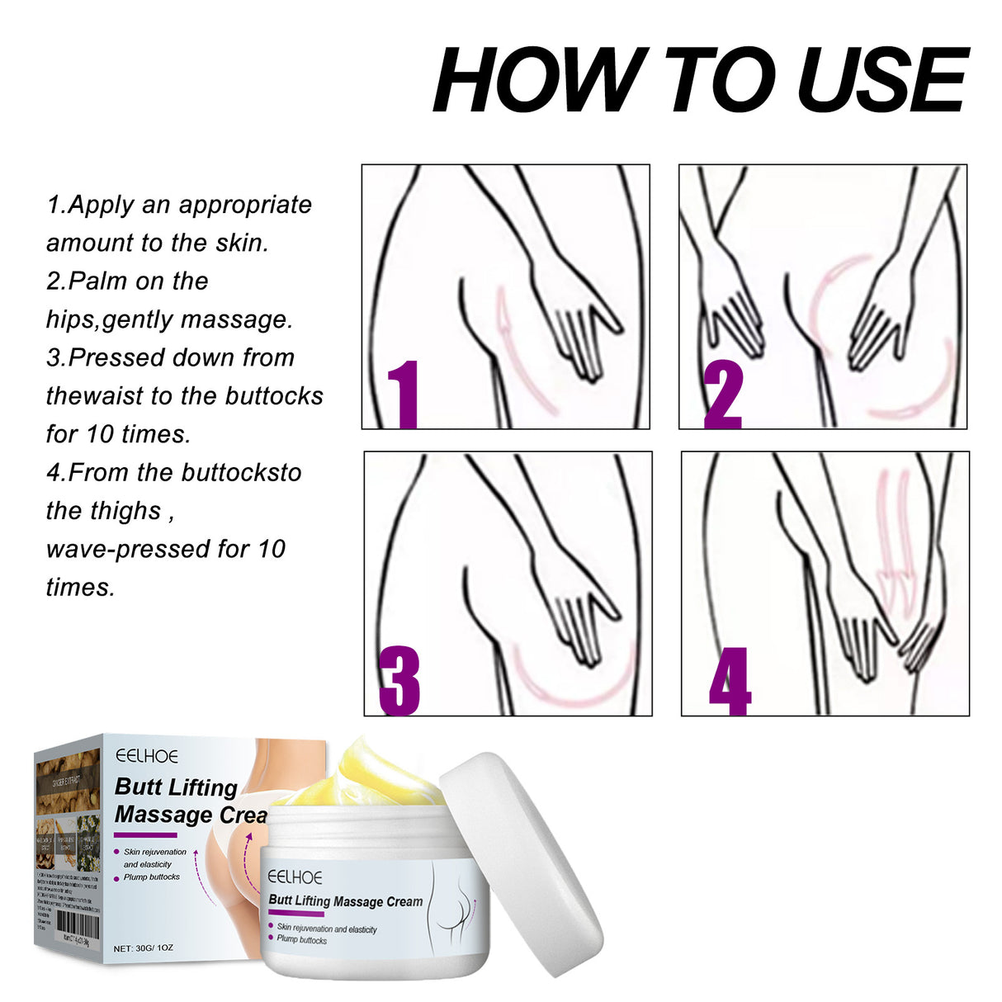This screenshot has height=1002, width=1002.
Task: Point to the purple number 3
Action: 399,681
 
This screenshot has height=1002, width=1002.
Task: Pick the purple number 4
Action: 730,681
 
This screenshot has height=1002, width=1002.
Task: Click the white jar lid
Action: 520,858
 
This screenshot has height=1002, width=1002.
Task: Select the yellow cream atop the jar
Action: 363,776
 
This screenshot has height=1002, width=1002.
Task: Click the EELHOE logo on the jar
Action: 295,877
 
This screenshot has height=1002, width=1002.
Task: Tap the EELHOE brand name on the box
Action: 147,755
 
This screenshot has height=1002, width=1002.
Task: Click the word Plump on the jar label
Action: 288,939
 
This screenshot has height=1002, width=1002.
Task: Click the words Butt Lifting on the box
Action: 176,787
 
